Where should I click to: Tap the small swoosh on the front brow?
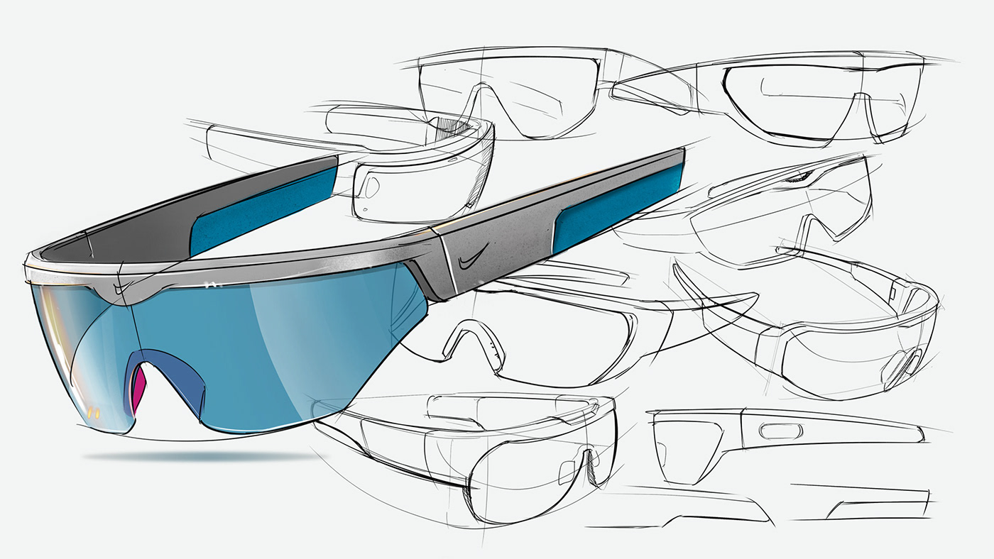pyautogui.click(x=123, y=286)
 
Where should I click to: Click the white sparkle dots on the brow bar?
pyautogui.click(x=209, y=284)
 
